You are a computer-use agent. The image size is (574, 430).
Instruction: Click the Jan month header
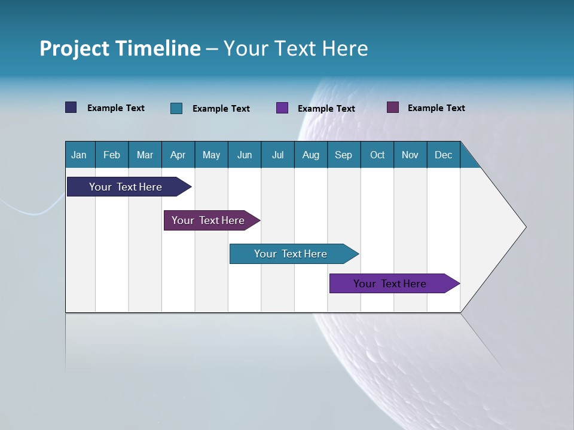pos(79,155)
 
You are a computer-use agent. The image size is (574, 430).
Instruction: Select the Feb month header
pos(112,155)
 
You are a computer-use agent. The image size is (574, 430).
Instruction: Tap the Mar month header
pos(145,155)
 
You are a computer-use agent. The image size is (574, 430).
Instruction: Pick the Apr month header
pos(178,155)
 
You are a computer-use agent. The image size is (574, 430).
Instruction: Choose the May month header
pos(211,155)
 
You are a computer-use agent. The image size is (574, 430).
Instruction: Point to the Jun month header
pos(245,155)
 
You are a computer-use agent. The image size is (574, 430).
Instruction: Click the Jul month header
pos(277,155)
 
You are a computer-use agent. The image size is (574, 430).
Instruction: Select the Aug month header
pos(311,155)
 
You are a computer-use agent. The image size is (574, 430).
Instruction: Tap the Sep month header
pos(344,155)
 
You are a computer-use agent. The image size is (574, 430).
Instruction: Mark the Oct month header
pos(377,155)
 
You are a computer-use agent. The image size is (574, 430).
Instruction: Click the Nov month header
pos(410,155)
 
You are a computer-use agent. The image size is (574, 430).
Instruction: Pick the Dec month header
pos(444,155)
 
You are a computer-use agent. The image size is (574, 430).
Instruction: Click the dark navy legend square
pos(71,107)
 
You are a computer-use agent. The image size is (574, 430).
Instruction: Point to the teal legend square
pos(176,108)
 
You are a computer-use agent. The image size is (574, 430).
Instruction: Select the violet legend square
pos(282,108)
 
